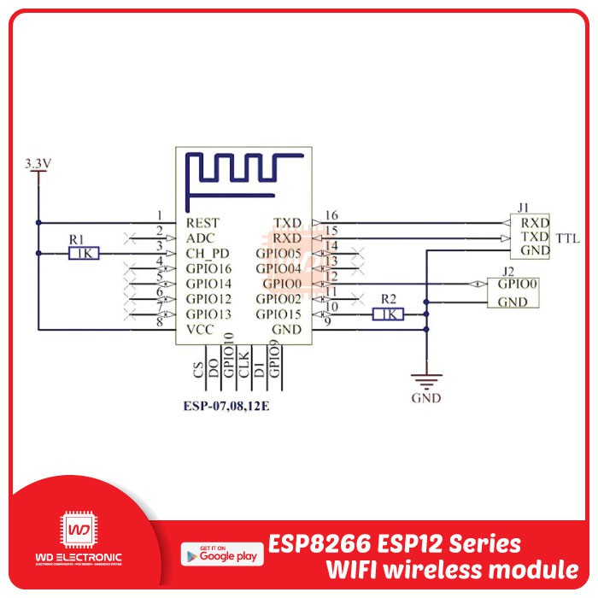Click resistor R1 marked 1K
point(85,253)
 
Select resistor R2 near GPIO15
point(389,314)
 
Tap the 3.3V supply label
point(39,162)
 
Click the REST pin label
point(202,222)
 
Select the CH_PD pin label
point(208,253)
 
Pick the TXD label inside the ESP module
point(287,222)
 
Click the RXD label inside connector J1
point(535,220)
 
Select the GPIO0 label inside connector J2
point(519,284)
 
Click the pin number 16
point(332,215)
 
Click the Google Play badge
point(220,553)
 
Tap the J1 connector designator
point(524,206)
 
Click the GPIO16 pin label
point(209,268)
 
